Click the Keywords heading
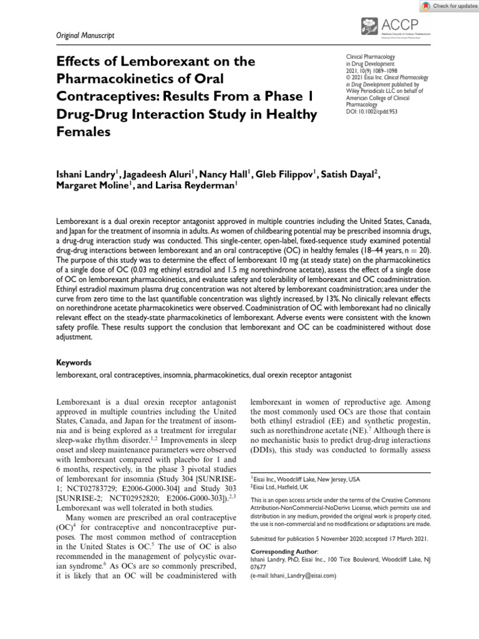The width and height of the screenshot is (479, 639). [74, 363]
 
